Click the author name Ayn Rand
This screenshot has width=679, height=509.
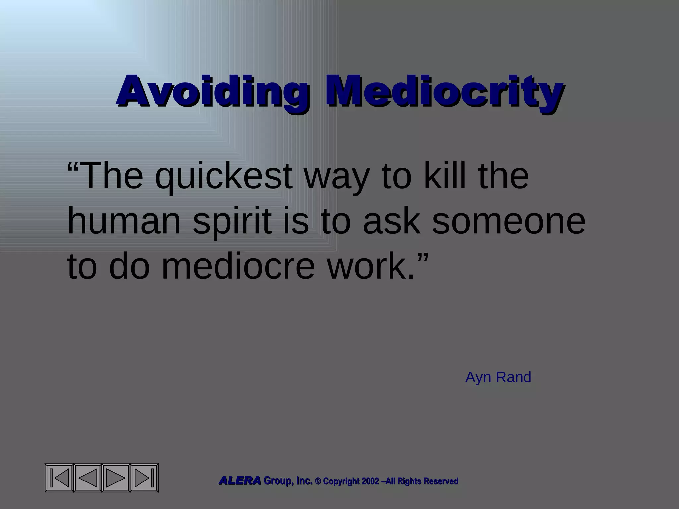pos(498,377)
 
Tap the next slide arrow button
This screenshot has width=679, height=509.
pos(116,478)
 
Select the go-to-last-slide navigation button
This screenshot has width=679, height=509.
pos(144,478)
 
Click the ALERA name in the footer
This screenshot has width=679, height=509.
pos(240,481)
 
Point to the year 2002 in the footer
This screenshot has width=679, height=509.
pos(370,481)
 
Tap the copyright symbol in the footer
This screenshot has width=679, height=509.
pos(318,481)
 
